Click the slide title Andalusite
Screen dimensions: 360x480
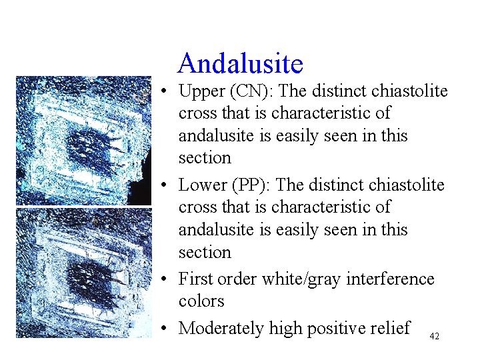(240, 64)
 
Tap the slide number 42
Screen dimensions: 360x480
(434, 337)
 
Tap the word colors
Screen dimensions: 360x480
(201, 301)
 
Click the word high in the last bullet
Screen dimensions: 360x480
(283, 329)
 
